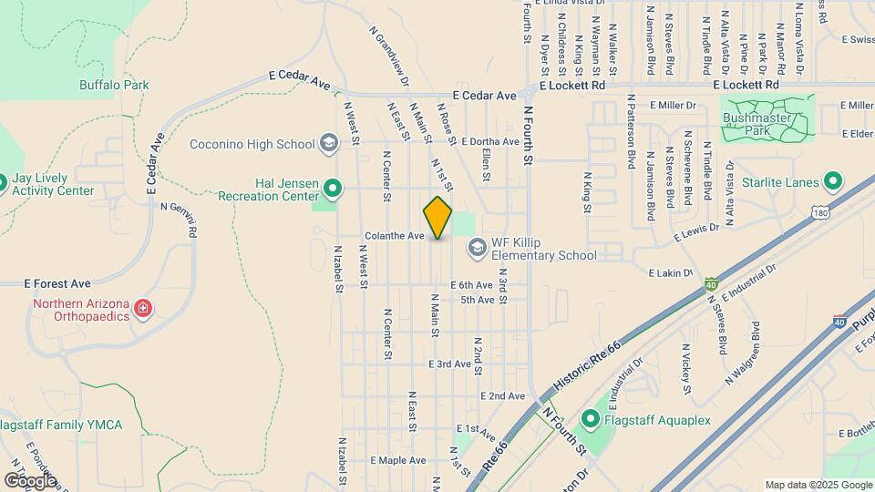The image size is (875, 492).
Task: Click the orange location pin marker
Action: (x=437, y=217)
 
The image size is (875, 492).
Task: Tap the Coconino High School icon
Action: (x=328, y=143)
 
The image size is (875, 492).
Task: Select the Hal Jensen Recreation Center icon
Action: (x=334, y=190)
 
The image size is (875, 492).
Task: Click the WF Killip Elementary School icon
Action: (x=477, y=247)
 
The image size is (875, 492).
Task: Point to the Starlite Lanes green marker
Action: (x=832, y=181)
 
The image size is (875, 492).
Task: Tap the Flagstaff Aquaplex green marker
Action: (x=590, y=420)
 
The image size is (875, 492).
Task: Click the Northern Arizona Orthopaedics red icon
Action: (x=142, y=310)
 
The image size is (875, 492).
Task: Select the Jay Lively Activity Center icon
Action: (x=3, y=182)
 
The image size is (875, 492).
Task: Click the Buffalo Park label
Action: (x=114, y=85)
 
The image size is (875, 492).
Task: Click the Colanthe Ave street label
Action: (x=395, y=236)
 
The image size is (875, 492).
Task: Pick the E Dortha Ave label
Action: (x=489, y=142)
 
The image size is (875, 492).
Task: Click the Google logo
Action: (x=30, y=480)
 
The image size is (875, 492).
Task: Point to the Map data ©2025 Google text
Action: (x=817, y=485)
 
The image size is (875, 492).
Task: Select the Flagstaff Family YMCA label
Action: (x=61, y=425)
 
